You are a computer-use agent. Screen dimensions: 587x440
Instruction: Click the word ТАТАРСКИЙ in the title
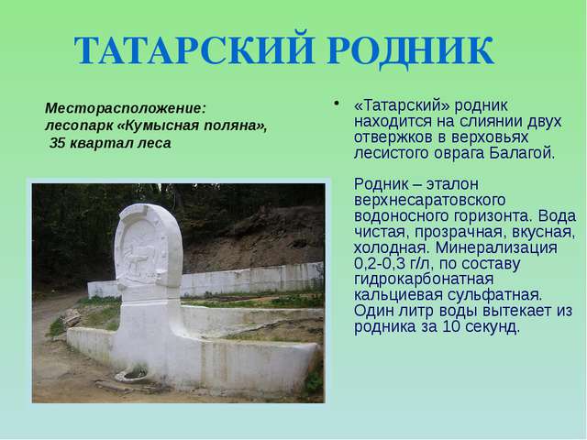pyautogui.click(x=194, y=50)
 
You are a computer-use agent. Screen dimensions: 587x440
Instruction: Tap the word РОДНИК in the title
pyautogui.click(x=411, y=51)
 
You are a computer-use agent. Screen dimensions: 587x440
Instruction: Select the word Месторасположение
pyautogui.click(x=126, y=108)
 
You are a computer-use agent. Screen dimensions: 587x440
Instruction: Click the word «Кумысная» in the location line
pyautogui.click(x=159, y=126)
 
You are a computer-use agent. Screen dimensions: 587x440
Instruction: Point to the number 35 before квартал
pyautogui.click(x=58, y=143)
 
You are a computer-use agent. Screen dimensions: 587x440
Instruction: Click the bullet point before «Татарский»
pyautogui.click(x=337, y=103)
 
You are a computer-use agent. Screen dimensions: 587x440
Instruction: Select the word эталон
pyautogui.click(x=452, y=184)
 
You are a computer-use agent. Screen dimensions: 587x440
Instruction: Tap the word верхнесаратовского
pyautogui.click(x=430, y=200)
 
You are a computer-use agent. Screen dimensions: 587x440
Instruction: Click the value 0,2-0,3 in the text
pyautogui.click(x=380, y=264)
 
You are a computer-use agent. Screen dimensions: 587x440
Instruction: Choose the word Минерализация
pyautogui.click(x=496, y=247)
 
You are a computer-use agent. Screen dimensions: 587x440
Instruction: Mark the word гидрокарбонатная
pyautogui.click(x=424, y=280)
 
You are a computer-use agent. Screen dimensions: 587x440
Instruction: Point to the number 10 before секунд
pyautogui.click(x=450, y=327)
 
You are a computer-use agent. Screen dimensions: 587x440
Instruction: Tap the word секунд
pyautogui.click(x=492, y=327)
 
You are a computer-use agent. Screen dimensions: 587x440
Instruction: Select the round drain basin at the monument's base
pyautogui.click(x=132, y=375)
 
